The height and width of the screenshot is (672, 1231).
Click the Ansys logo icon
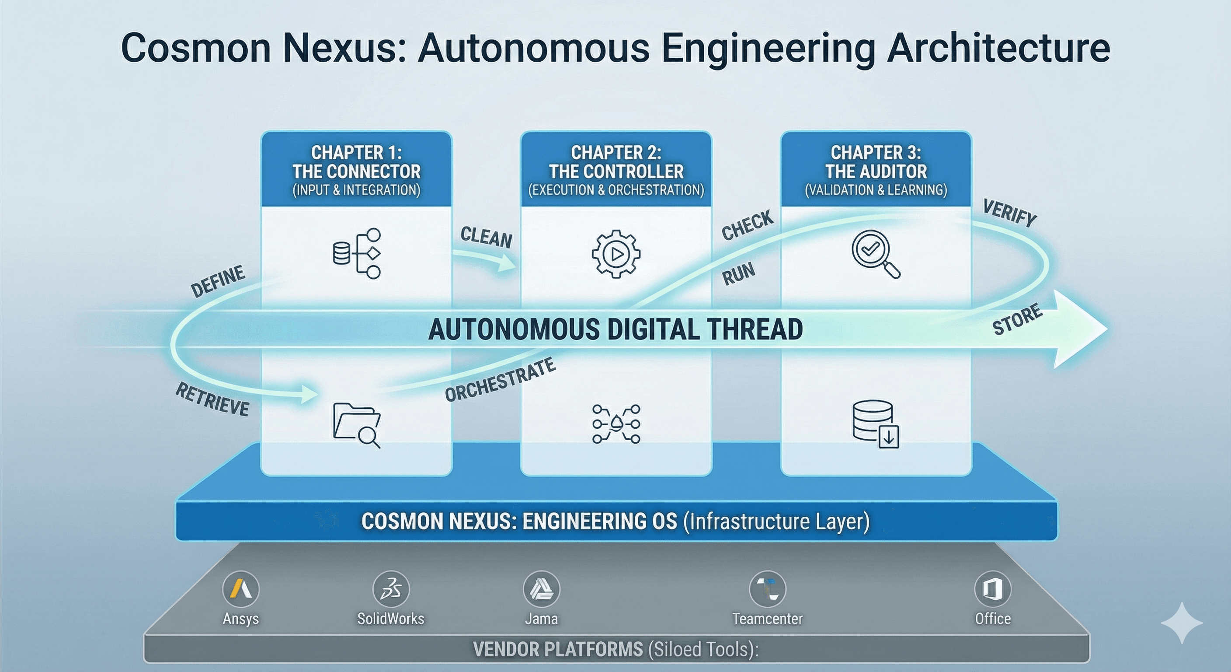coord(241,589)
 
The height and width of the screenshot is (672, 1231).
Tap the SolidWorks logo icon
coord(391,589)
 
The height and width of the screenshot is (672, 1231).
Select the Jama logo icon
coord(542,589)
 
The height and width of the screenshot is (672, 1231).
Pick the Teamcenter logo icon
coord(768,589)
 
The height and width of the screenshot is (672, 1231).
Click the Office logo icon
coord(993,589)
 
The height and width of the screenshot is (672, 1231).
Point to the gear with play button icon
coord(616,254)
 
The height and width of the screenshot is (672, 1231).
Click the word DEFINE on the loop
coord(218,281)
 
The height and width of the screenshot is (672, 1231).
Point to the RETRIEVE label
coord(212,399)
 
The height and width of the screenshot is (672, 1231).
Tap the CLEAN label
coord(486,237)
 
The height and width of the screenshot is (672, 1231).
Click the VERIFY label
coord(1009,213)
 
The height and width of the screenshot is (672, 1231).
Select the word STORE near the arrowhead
coord(1017,319)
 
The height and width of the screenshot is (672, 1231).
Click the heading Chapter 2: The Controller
coord(616,162)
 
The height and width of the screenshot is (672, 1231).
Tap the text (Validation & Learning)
coord(876,190)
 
